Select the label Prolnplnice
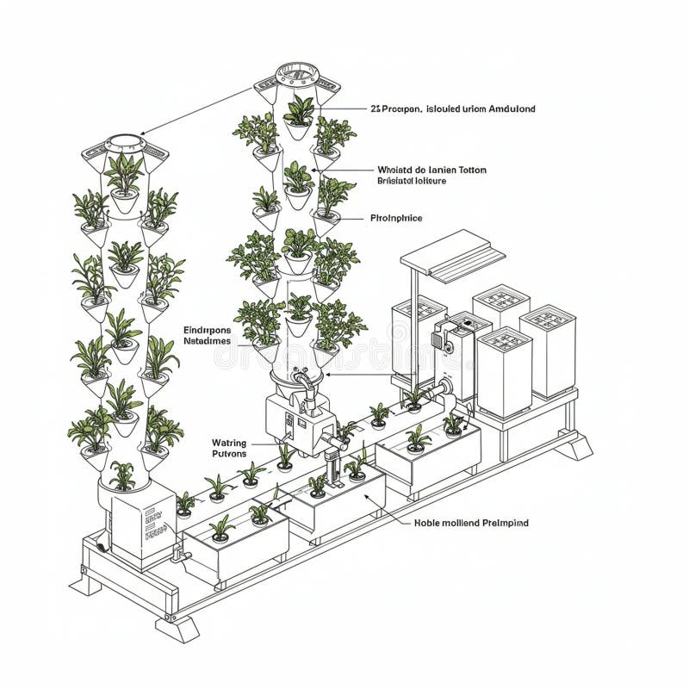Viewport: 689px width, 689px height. click(396, 219)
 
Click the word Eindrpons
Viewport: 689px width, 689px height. click(208, 329)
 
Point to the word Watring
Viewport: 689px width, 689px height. click(228, 443)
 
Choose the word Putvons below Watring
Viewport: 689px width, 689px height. click(228, 454)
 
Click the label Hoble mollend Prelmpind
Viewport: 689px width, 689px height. click(471, 523)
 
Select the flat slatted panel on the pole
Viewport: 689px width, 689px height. click(453, 255)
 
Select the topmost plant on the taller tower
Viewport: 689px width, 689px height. click(298, 110)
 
